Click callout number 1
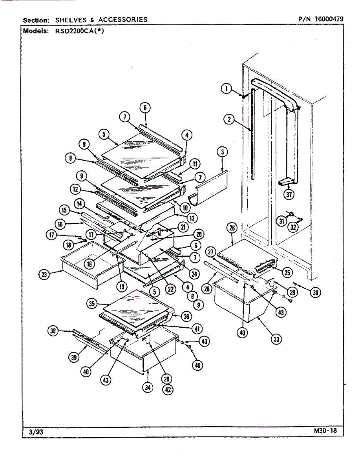[226, 89]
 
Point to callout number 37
[290, 194]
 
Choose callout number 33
[277, 340]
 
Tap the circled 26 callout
[232, 228]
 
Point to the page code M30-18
[325, 431]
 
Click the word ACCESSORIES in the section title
[123, 19]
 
